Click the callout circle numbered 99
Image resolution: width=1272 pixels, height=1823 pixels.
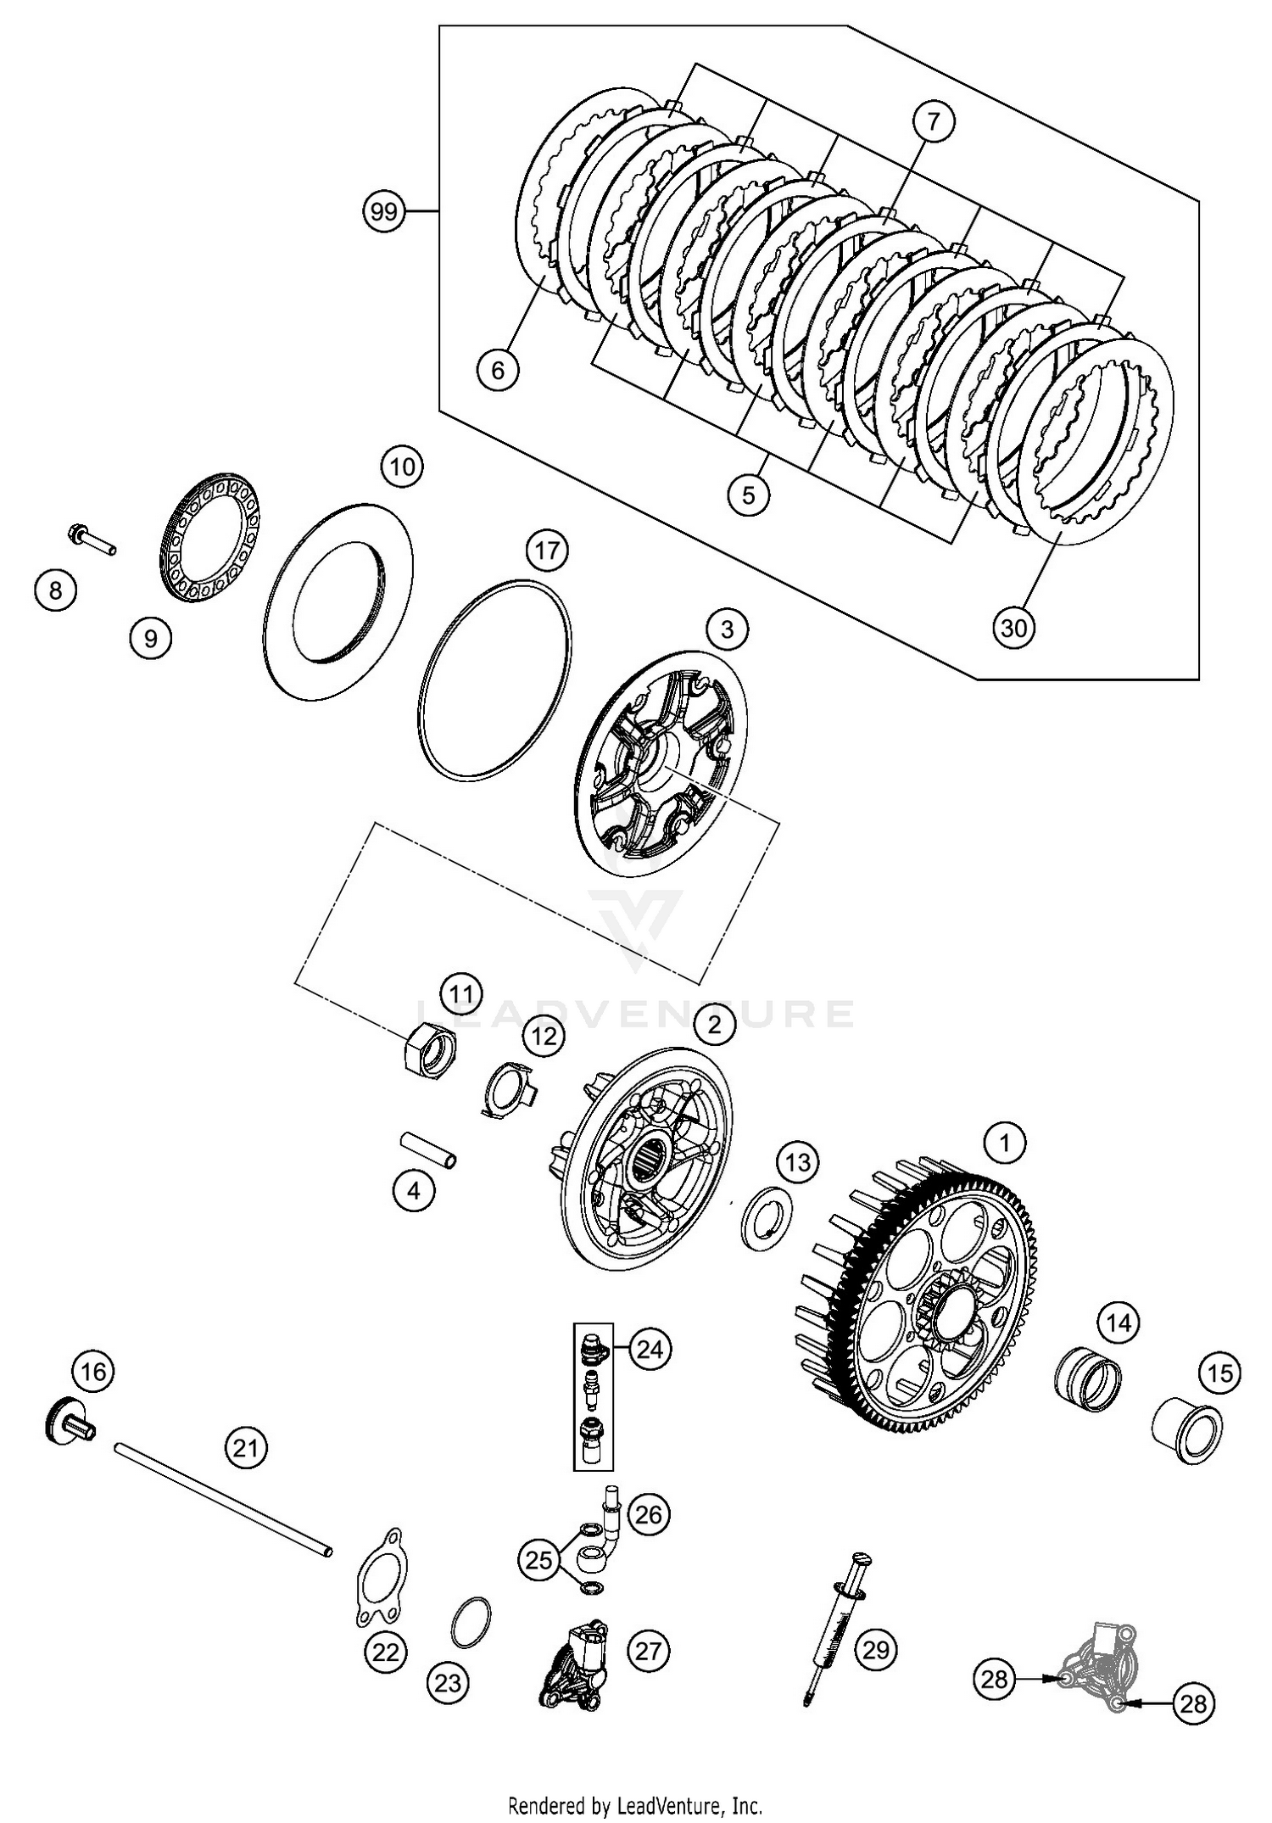384,211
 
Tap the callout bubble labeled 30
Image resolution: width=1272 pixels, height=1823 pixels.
1013,628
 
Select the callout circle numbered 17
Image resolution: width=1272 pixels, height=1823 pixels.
547,551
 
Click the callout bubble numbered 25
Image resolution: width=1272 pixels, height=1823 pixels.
538,1559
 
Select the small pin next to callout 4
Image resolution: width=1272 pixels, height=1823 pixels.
429,1150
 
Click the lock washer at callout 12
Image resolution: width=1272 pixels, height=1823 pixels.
506,1089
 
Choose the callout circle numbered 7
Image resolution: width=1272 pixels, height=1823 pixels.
933,123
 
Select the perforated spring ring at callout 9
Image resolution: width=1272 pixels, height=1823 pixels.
210,538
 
